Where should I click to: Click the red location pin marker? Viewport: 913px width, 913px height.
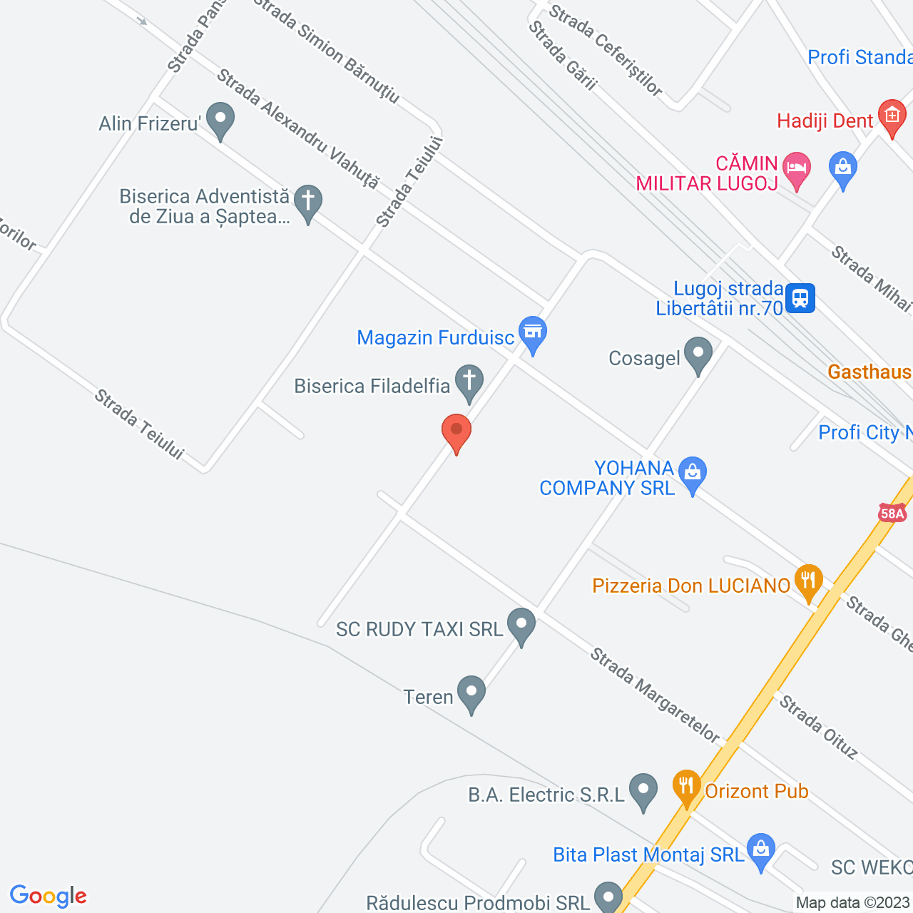[x=456, y=431]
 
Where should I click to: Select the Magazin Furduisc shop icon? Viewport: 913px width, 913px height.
[x=533, y=332]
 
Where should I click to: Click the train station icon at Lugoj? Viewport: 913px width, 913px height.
[x=800, y=298]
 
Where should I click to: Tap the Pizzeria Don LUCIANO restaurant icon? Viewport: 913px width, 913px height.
[x=808, y=581]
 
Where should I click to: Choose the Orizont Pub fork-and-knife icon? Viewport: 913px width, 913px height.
[x=686, y=786]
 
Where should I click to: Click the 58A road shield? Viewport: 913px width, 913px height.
[x=892, y=514]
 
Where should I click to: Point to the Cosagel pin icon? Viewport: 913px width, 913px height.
[x=698, y=353]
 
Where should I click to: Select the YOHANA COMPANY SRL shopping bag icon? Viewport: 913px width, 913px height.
[x=692, y=473]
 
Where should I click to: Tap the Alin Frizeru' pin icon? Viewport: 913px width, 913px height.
[x=220, y=119]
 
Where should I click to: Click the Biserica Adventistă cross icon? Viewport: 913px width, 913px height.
[x=308, y=201]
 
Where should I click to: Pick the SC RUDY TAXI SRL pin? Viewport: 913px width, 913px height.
[x=521, y=624]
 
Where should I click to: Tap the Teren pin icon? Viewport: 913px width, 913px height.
[x=471, y=692]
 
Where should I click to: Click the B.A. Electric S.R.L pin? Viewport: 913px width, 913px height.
[x=643, y=790]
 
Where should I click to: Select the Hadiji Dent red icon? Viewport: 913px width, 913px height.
[x=892, y=116]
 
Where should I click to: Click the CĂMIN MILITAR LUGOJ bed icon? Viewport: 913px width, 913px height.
[x=797, y=168]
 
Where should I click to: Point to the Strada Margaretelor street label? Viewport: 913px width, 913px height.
[x=655, y=695]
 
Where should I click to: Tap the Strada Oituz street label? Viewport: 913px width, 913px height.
[x=818, y=727]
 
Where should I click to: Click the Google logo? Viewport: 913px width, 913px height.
[x=49, y=896]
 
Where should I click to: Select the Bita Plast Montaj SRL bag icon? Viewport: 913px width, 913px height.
[x=761, y=850]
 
